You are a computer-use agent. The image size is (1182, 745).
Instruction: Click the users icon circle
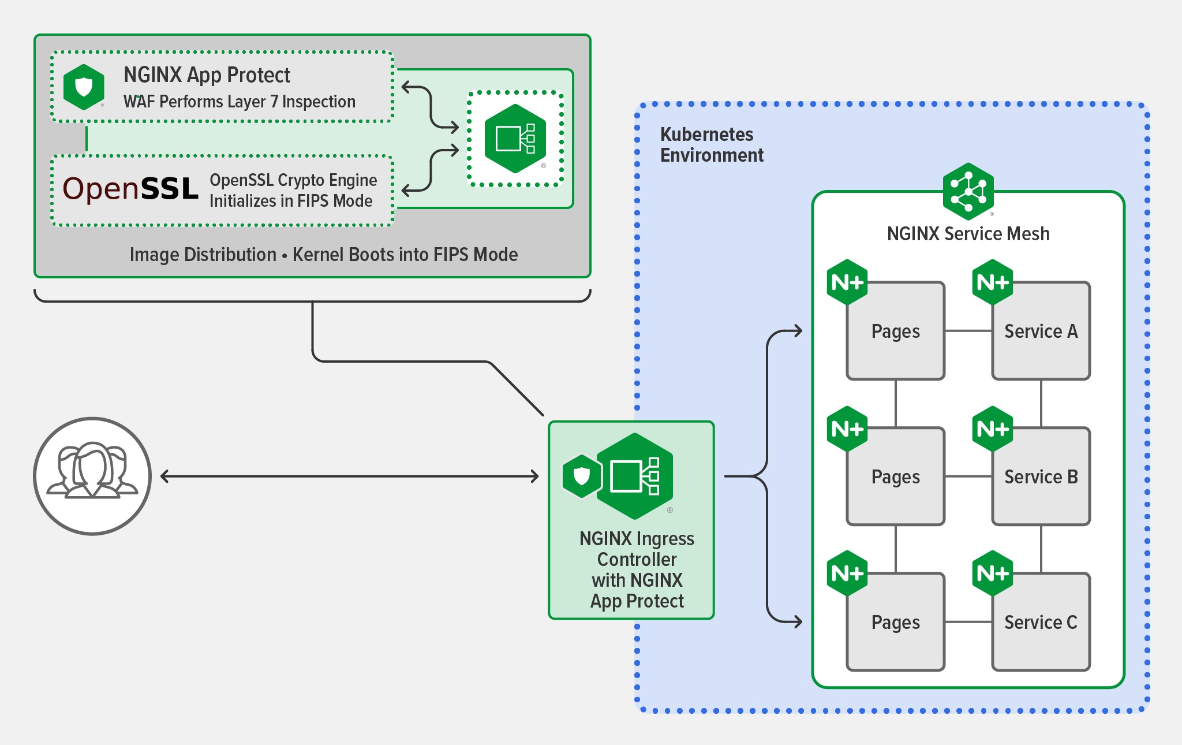pos(92,476)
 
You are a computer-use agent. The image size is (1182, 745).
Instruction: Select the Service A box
pos(1041,331)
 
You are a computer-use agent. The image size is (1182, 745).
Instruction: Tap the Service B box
pos(1041,477)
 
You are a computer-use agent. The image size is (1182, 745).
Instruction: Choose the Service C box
pos(1041,623)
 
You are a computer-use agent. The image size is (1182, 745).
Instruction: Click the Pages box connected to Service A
pos(895,331)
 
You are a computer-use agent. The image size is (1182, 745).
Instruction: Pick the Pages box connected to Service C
pos(895,623)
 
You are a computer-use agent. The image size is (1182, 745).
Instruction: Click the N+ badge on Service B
pos(992,429)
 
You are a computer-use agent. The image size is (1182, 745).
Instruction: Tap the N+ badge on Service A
pos(992,282)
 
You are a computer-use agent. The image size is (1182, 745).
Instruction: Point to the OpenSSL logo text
pos(130,189)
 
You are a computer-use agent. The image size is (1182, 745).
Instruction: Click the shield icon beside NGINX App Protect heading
pos(84,87)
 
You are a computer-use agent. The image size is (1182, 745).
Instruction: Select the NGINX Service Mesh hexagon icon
pos(968,191)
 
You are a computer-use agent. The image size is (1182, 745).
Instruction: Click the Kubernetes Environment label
pos(711,144)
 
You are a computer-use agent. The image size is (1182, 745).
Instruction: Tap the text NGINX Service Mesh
pos(968,234)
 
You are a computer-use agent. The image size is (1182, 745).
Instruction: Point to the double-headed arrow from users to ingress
pos(349,476)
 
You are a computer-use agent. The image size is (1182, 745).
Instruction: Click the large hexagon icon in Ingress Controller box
pos(635,476)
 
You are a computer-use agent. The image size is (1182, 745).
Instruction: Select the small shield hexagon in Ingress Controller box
pos(582,476)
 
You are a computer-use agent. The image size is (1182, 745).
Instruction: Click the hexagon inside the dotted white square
pos(515,139)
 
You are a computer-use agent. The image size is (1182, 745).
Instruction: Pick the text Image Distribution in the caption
pos(203,255)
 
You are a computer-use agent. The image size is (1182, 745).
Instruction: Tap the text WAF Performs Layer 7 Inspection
pos(239,102)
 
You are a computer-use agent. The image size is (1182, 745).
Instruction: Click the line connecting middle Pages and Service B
pos(968,476)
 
